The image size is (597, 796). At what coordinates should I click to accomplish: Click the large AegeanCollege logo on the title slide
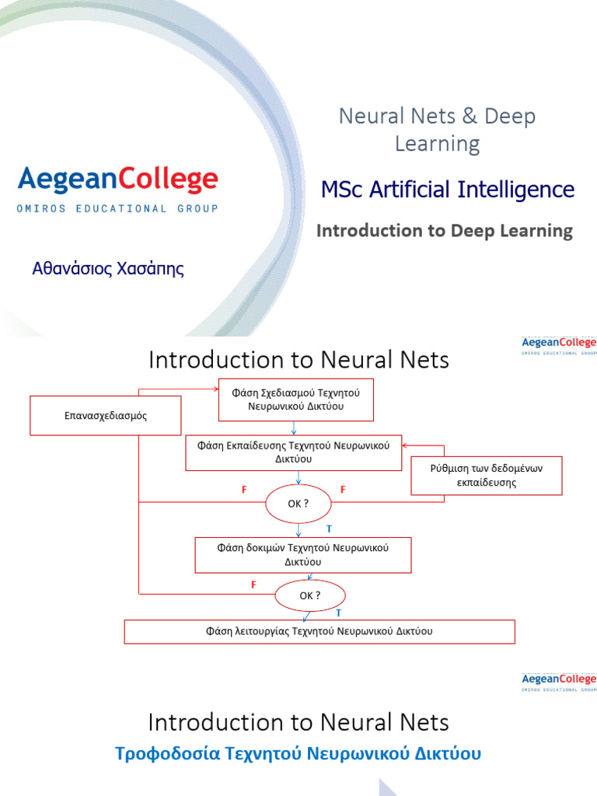[x=117, y=180]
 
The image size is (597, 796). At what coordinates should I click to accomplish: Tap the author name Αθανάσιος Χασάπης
[x=108, y=270]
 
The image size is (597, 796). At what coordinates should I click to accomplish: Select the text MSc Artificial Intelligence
[x=448, y=189]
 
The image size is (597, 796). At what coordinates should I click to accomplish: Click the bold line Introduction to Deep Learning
[x=444, y=231]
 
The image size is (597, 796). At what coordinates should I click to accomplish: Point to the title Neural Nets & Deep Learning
[x=437, y=130]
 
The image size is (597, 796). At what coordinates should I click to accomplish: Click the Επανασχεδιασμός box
[x=105, y=416]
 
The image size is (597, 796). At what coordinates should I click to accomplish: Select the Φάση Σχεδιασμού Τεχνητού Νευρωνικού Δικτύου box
[x=295, y=400]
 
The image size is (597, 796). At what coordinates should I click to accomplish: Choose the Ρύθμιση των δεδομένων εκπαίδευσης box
[x=486, y=475]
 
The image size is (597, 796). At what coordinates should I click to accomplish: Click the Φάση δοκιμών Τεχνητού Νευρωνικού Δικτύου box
[x=302, y=554]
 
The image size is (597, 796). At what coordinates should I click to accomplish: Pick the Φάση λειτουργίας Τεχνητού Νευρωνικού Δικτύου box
[x=319, y=631]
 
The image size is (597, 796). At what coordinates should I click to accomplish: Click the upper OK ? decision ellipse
[x=298, y=503]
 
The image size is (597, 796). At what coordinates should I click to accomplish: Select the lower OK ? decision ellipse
[x=309, y=595]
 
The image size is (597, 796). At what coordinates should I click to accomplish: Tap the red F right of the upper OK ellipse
[x=343, y=490]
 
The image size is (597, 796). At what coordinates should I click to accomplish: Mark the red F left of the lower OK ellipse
[x=253, y=585]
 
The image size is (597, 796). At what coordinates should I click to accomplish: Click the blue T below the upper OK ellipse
[x=329, y=529]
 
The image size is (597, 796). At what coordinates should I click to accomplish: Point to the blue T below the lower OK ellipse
[x=338, y=613]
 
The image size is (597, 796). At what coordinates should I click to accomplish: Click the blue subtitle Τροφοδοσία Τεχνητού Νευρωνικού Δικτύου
[x=298, y=753]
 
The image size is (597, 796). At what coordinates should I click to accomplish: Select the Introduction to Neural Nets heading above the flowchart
[x=298, y=360]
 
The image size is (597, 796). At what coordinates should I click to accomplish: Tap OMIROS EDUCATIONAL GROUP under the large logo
[x=117, y=208]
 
